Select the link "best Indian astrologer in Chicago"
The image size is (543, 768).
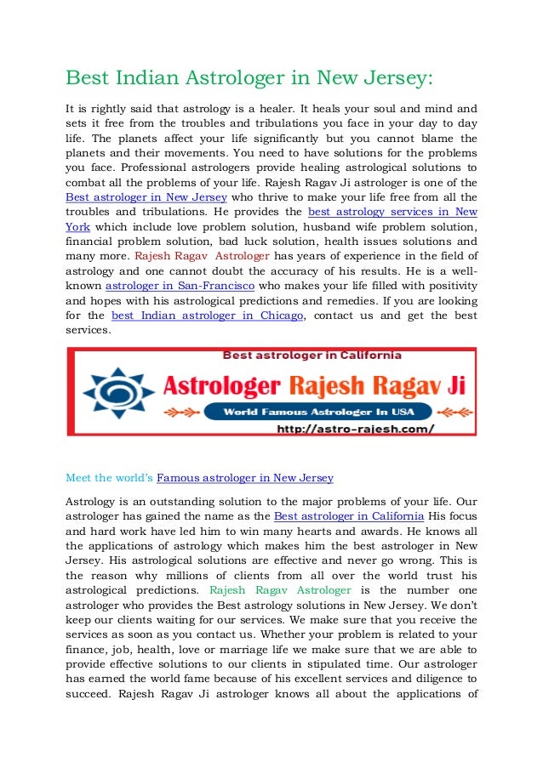tap(207, 315)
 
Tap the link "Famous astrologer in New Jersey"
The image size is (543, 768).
tap(245, 477)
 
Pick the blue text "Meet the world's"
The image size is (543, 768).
tap(110, 477)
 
